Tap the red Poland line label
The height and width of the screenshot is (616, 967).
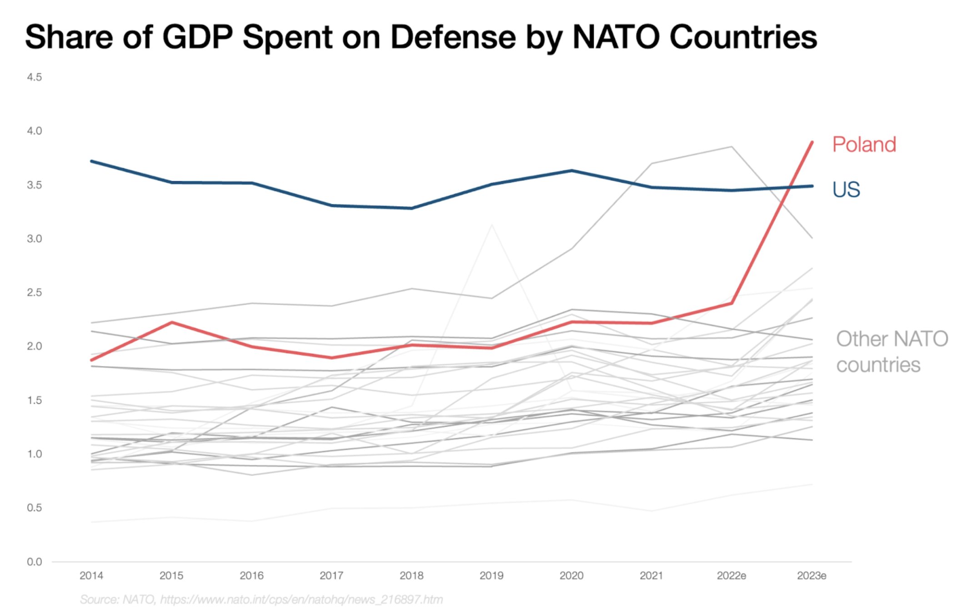coord(864,145)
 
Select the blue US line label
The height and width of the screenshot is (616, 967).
coord(846,189)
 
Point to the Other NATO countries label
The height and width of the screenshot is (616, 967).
coord(892,352)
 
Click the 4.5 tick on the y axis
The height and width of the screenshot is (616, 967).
coord(34,77)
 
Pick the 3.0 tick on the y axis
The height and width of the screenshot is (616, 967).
coord(34,239)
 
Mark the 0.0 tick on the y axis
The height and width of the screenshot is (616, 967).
coord(34,562)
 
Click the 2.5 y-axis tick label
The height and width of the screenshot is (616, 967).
coord(34,293)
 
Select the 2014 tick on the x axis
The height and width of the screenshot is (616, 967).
coord(91,576)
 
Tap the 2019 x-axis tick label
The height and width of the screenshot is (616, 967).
coord(491,576)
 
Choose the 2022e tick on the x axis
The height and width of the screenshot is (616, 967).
coord(731,576)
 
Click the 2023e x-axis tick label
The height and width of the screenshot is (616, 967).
coord(812,576)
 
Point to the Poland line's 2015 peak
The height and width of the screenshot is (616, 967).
coord(172,323)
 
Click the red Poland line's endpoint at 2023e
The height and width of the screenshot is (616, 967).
coord(812,143)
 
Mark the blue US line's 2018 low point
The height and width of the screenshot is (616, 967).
coord(412,208)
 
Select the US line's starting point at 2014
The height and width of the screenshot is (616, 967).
coord(92,161)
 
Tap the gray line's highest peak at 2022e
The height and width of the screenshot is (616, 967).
coord(731,147)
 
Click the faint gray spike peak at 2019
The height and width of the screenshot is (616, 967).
coord(492,225)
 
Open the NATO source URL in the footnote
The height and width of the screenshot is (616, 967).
coord(301,600)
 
